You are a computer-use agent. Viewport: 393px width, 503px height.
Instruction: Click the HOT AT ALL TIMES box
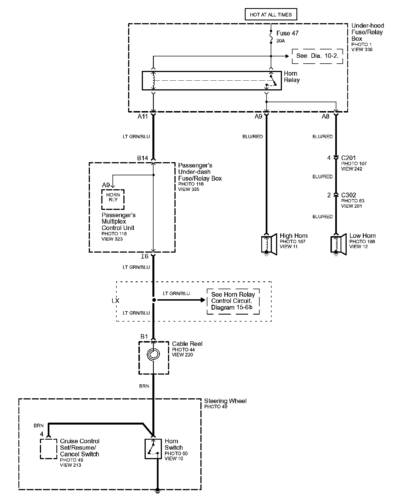point(271,15)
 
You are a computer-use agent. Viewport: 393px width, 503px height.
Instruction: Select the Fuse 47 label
point(287,33)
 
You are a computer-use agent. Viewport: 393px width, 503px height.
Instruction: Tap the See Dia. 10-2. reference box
point(317,56)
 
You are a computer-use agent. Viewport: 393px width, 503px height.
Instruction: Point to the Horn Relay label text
point(292,77)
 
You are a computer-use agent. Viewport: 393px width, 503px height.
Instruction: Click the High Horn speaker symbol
point(269,245)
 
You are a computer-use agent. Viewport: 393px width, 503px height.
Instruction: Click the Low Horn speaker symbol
point(338,245)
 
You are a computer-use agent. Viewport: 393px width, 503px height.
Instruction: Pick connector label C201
point(348,158)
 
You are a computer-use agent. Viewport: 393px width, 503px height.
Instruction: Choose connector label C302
point(348,195)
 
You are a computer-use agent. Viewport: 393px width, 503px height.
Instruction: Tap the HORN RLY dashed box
point(113,200)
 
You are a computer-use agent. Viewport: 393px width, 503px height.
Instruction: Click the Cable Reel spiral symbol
point(154,354)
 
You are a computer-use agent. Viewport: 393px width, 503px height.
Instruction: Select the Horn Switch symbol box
point(153,449)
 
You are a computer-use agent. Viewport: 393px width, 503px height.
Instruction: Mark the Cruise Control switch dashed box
point(49,449)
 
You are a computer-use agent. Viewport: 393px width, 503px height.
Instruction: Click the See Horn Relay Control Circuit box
point(233,301)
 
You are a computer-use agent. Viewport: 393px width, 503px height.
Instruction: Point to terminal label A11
point(143,116)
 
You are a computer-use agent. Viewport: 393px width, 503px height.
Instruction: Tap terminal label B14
point(143,158)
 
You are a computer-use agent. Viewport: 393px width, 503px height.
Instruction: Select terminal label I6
point(145,256)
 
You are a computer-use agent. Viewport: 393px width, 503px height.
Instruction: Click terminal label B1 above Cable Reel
point(144,337)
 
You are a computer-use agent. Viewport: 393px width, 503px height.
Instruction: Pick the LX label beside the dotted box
point(115,301)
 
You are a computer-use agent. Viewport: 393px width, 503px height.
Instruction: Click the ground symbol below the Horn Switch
point(157,490)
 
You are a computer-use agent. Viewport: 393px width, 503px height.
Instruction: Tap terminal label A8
point(325,116)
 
